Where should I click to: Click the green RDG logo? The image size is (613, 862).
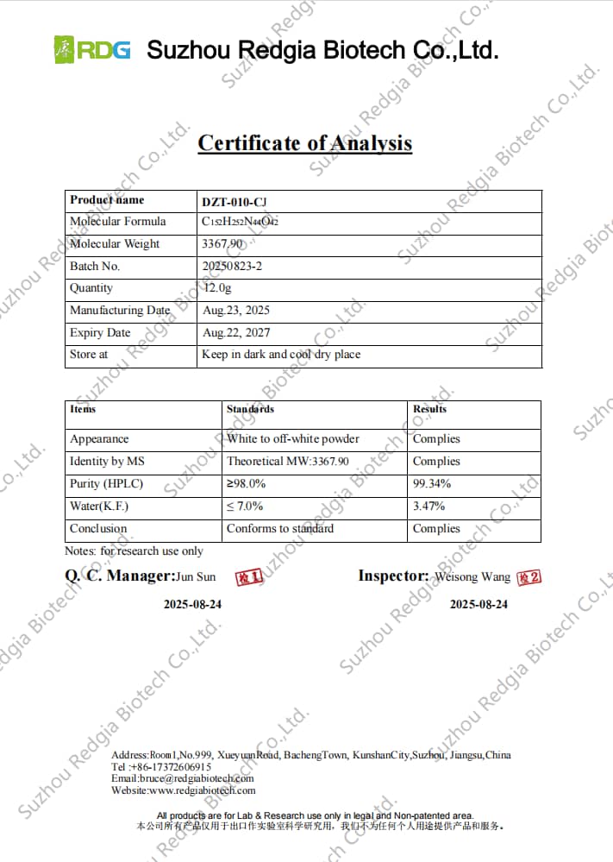point(92,49)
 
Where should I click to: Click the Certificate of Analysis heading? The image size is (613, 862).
point(304,143)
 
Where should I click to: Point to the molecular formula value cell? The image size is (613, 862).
point(240,222)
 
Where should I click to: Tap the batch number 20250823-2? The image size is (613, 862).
point(232,267)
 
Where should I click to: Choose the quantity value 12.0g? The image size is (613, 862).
point(217,288)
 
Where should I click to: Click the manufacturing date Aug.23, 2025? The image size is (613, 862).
point(236,311)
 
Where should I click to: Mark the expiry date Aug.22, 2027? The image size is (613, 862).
point(235,333)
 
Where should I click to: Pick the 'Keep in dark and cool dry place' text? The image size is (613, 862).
point(281,355)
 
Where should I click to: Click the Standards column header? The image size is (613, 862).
point(250,409)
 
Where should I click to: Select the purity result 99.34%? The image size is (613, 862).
point(432,484)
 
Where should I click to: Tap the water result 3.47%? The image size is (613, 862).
point(429,507)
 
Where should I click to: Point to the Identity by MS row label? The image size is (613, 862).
point(107,462)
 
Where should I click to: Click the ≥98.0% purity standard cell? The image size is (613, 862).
point(247,484)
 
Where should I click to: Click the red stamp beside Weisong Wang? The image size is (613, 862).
point(529,576)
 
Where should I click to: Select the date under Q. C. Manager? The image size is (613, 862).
point(192,604)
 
